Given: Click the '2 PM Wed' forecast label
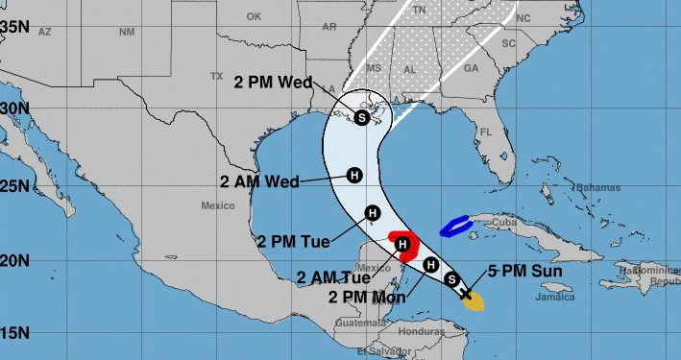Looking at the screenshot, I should coord(273,83).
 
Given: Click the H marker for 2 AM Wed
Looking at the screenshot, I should coord(353,176).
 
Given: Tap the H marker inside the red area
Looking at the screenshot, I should coord(403,247).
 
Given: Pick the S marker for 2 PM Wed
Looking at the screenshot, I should coord(361,118).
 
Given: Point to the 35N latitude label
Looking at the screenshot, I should coord(13,27).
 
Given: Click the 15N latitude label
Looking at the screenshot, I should coord(13,333).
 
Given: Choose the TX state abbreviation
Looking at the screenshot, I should coord(216,77).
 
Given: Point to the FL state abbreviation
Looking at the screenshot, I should coord(486,132).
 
